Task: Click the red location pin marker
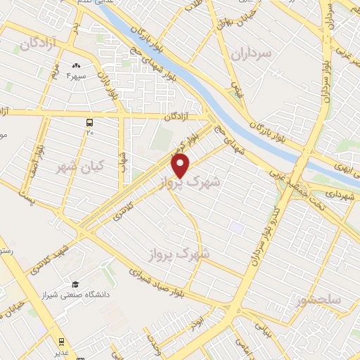(181, 165)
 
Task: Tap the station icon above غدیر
(61, 344)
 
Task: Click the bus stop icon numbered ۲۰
(89, 122)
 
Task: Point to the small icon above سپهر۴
(75, 65)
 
